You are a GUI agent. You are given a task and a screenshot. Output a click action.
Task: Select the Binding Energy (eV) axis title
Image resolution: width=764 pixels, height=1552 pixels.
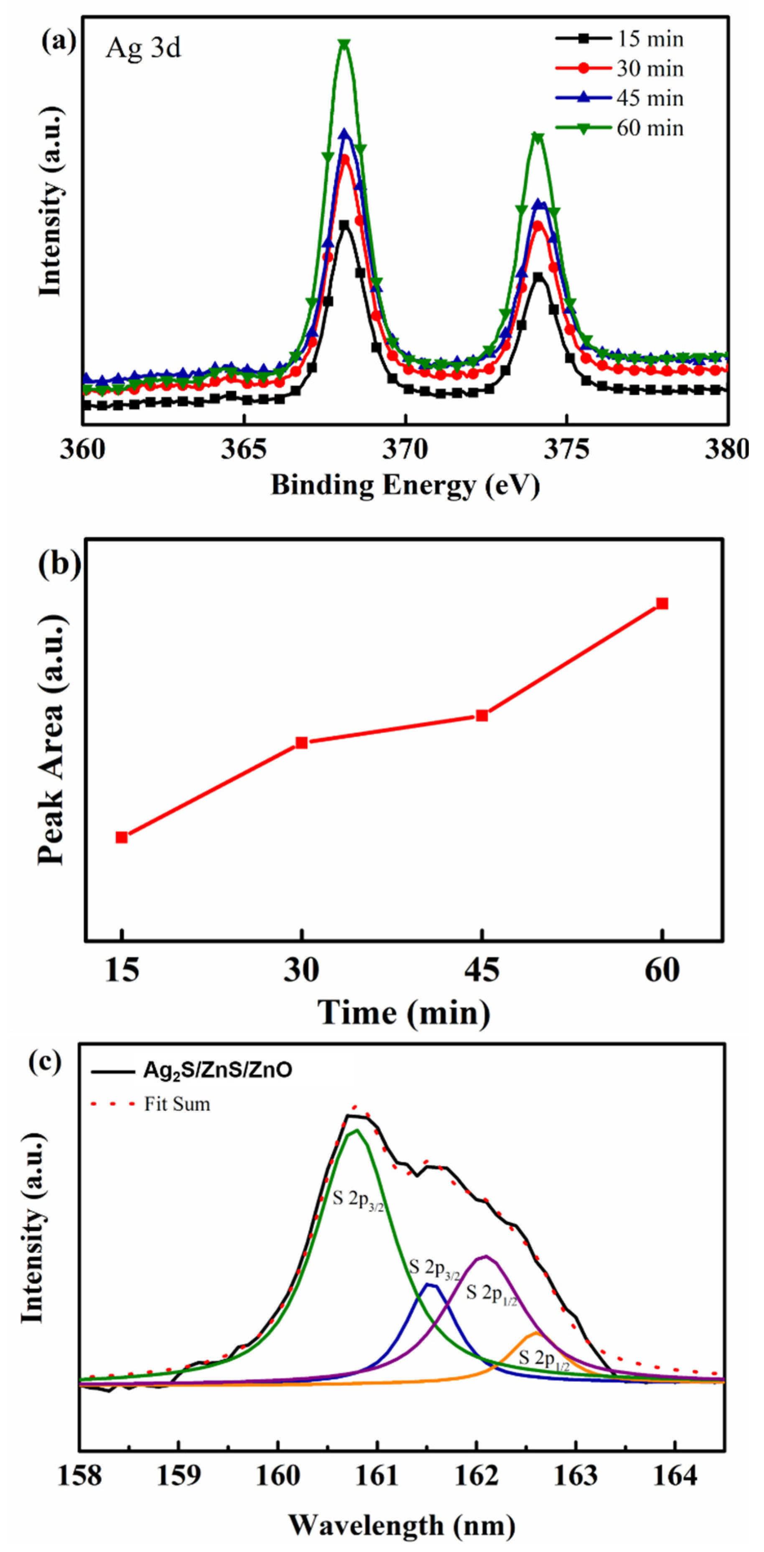pyautogui.click(x=405, y=485)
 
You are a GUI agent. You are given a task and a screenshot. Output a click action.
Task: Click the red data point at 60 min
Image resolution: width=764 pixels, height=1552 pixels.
pyautogui.click(x=662, y=603)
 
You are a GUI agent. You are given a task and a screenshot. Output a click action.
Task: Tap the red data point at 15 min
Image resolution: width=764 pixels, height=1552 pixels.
pyautogui.click(x=122, y=837)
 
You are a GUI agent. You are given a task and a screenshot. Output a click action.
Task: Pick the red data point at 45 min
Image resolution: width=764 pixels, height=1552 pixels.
pyautogui.click(x=482, y=715)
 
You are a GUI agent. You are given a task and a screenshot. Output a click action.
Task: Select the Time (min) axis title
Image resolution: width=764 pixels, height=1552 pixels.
pyautogui.click(x=404, y=1013)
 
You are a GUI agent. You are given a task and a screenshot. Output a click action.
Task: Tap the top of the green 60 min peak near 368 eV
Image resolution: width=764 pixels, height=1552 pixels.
pyautogui.click(x=344, y=44)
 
